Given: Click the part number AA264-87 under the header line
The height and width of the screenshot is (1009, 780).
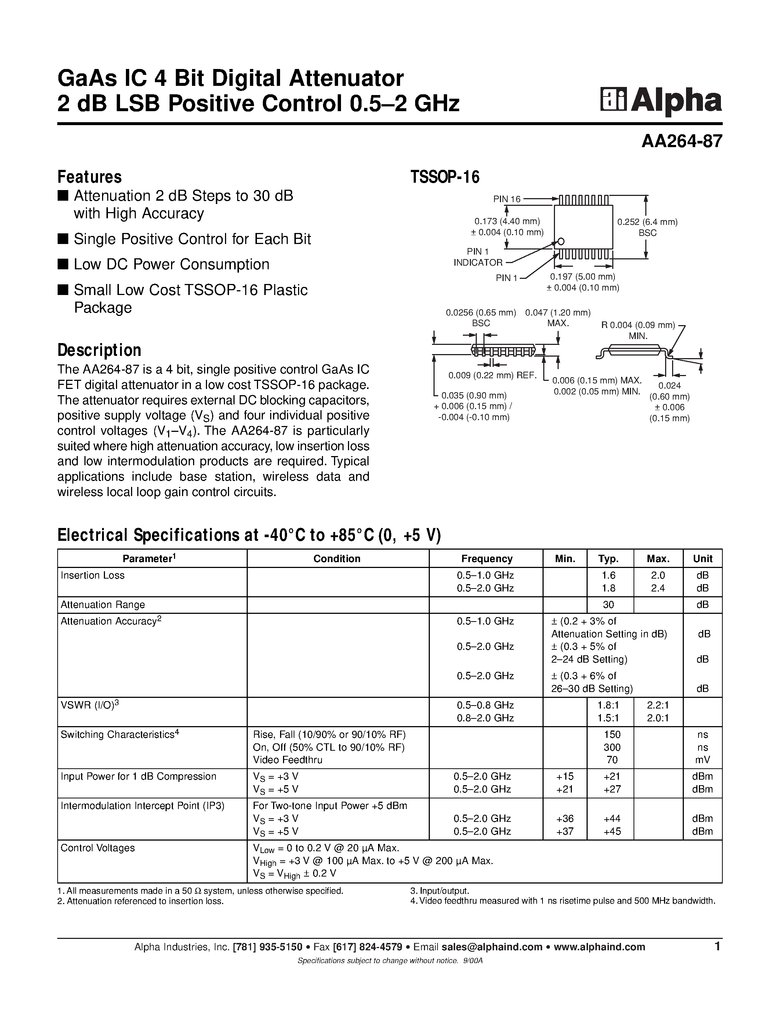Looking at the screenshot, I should (681, 141).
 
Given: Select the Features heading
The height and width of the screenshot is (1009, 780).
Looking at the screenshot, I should (89, 177).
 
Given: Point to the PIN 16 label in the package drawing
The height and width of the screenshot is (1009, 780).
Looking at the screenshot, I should (507, 199).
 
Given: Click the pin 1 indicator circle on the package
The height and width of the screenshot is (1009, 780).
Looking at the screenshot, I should (561, 241).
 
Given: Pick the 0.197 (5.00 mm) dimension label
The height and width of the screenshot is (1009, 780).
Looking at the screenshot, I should (582, 277).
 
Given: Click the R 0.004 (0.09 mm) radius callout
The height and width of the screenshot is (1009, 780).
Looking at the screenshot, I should (638, 325).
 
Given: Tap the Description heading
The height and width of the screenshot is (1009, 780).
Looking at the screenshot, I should (99, 350).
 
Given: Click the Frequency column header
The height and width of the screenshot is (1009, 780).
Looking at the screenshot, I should (487, 558).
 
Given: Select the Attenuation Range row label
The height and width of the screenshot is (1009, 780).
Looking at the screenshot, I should (102, 605).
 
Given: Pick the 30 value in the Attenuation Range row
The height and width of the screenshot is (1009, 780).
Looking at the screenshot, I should (609, 605).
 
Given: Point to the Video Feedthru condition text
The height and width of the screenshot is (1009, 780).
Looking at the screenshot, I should (287, 760).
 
